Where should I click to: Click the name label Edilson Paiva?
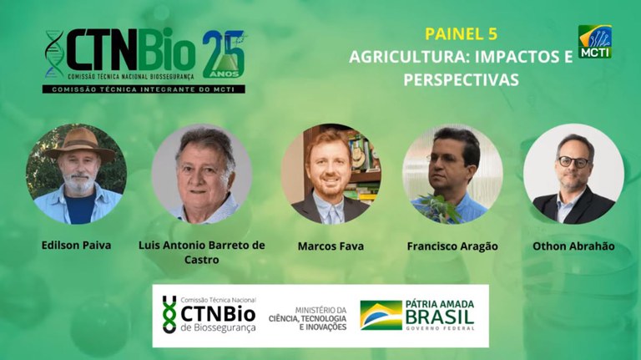click(75, 246)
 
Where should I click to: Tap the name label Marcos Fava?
click(331, 246)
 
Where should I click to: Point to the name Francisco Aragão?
click(452, 246)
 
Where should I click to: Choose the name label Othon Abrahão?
click(573, 246)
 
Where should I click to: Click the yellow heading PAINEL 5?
click(461, 34)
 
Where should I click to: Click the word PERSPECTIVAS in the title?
click(461, 80)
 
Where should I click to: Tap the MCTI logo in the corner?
click(595, 42)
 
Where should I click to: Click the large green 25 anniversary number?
click(223, 54)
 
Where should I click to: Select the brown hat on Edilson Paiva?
click(79, 143)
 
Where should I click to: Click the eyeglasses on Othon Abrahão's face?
click(573, 161)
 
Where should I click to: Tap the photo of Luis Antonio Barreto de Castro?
click(202, 174)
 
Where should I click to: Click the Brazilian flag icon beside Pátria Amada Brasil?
click(381, 315)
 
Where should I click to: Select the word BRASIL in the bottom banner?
click(439, 316)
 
